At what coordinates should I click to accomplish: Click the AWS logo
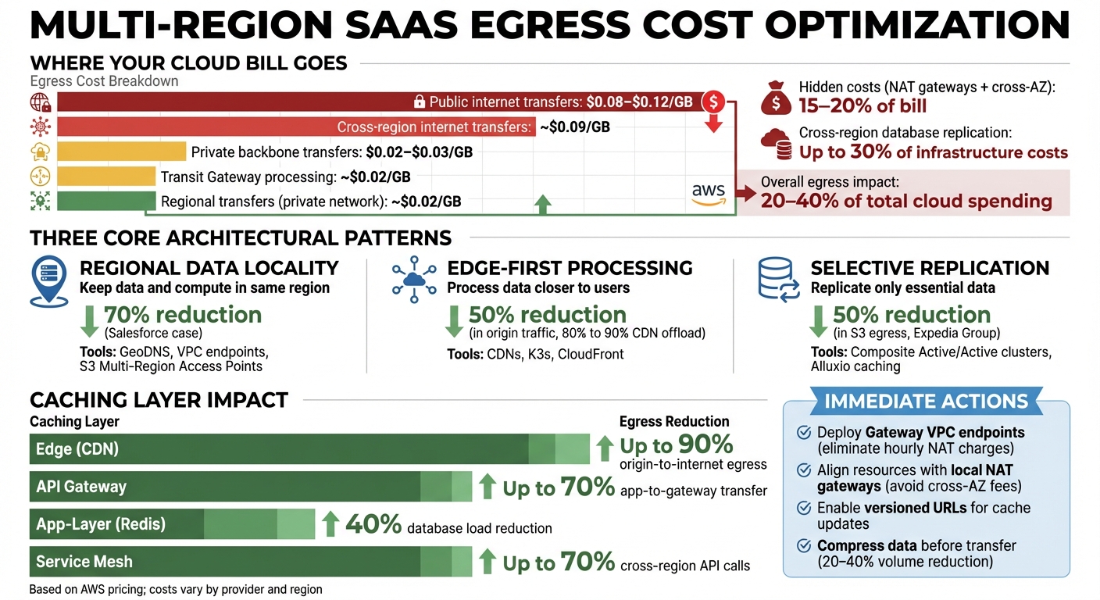[708, 193]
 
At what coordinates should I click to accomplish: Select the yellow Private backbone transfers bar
[121, 152]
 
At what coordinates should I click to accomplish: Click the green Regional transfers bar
[105, 201]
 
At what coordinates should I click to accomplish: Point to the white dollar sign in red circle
[713, 102]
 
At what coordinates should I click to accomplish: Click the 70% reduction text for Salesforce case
[182, 315]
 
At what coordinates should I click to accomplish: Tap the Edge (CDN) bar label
[77, 449]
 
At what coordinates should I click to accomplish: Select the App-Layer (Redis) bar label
[101, 523]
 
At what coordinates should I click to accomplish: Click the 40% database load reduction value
[373, 524]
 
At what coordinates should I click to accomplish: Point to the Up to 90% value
[677, 445]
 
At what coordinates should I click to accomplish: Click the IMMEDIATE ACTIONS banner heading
[926, 402]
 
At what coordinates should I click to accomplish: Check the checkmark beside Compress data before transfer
[802, 546]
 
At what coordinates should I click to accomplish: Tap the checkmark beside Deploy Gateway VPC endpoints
[802, 433]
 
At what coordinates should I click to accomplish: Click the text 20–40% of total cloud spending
[906, 202]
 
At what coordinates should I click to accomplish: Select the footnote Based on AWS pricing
[175, 589]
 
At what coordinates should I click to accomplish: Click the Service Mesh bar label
[84, 561]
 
